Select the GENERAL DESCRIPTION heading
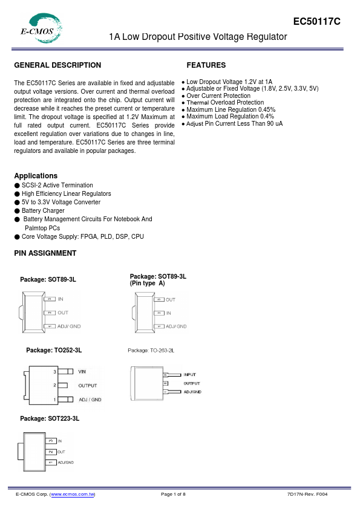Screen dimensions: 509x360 click(57, 65)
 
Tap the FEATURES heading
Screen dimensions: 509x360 click(206, 65)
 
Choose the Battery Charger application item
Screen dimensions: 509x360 click(43, 211)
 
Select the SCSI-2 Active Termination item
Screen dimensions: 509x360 click(57, 186)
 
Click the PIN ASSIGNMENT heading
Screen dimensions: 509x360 click(45, 253)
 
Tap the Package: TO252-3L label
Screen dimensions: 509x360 click(54, 351)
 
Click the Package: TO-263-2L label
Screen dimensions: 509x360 click(151, 351)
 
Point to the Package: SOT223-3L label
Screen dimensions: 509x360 click(50, 418)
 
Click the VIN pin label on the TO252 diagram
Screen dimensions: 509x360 click(82, 371)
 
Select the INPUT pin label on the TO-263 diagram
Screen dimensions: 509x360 click(189, 375)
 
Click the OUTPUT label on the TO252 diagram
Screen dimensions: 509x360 click(87, 385)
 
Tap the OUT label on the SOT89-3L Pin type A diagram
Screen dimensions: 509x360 click(171, 299)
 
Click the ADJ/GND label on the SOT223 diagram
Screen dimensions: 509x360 click(66, 462)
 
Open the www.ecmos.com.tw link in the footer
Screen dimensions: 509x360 click(73, 494)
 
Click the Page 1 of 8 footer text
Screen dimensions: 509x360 click(173, 494)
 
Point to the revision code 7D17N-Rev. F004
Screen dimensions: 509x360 click(308, 494)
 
